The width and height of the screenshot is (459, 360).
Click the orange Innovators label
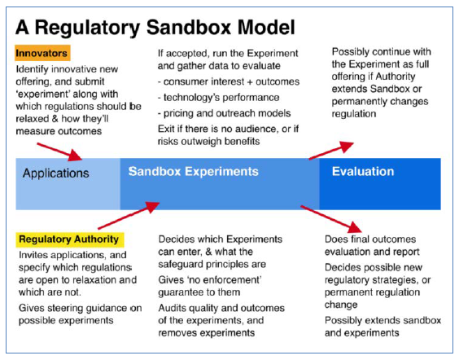tap(42, 53)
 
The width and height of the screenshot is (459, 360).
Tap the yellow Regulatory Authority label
tap(70, 239)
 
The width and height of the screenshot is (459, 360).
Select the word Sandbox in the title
tap(189, 28)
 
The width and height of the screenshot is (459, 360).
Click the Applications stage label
tap(56, 173)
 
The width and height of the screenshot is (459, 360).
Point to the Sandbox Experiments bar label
tap(193, 171)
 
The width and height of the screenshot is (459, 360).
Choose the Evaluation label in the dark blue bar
tap(363, 171)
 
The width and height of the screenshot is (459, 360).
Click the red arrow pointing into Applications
tap(59, 151)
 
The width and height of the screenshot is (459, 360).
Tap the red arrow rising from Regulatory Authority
tap(129, 215)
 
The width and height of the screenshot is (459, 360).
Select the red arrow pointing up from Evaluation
tap(331, 150)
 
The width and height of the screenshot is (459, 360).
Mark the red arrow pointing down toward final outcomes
tap(331, 219)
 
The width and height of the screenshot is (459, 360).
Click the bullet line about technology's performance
tap(218, 97)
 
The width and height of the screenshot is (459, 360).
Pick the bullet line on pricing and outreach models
tap(225, 113)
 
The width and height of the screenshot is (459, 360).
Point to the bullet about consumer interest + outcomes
tap(229, 81)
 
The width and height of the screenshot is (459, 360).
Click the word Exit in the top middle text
tap(165, 129)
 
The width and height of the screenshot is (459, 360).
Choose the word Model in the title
tap(266, 28)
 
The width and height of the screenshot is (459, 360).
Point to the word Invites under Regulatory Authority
tap(33, 255)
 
